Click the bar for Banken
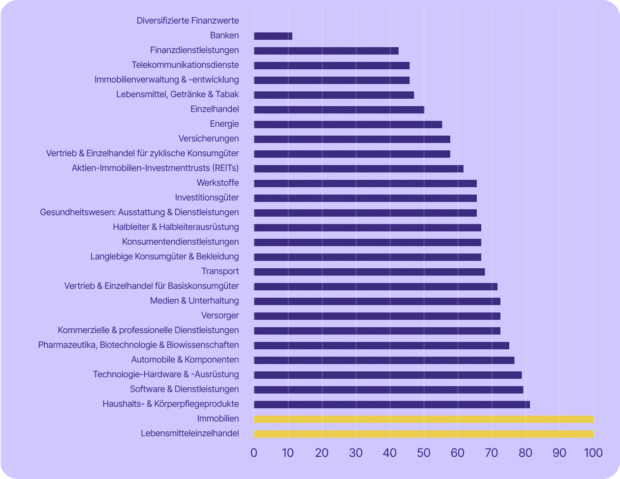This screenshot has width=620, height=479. (x=273, y=36)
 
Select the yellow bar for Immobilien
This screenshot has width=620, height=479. (x=424, y=419)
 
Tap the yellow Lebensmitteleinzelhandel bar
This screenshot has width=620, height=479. (x=424, y=434)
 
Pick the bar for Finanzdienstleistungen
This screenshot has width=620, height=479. (x=326, y=51)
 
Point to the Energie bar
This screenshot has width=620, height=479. (x=348, y=124)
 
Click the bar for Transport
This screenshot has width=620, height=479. (x=370, y=272)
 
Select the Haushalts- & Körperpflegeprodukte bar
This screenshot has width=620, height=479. (x=392, y=404)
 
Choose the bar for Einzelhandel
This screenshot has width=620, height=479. (x=339, y=110)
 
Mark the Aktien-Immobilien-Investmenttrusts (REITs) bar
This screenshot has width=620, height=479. (x=359, y=169)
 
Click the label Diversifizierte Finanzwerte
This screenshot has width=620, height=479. (x=188, y=21)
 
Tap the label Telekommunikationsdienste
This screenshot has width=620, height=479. (x=185, y=65)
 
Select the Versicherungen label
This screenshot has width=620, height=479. (x=209, y=139)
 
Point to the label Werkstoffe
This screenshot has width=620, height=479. (x=217, y=183)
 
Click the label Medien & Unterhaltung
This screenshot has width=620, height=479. (x=194, y=301)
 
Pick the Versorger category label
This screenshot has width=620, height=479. (x=220, y=315)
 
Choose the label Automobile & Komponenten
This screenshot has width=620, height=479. (x=185, y=360)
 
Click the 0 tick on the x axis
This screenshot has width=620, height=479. (x=254, y=453)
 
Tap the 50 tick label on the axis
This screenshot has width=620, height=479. (x=424, y=453)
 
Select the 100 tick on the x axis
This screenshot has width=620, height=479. (x=593, y=453)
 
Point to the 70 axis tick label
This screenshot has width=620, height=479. (x=492, y=453)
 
